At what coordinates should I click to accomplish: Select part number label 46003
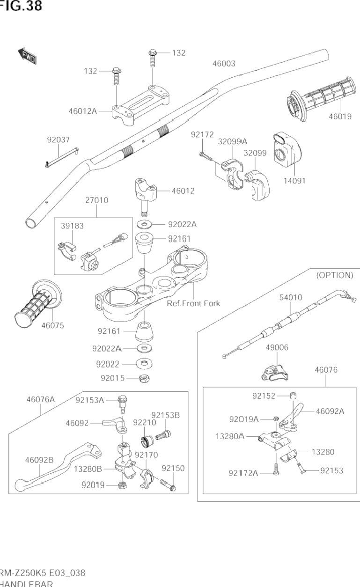click(x=223, y=64)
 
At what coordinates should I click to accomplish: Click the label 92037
click(x=58, y=139)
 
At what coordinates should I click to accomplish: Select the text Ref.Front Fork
click(x=193, y=303)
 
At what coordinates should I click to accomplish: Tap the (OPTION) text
click(x=334, y=275)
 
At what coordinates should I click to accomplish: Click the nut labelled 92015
click(x=143, y=378)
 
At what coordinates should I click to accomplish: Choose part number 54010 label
click(x=291, y=297)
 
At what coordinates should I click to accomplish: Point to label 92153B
click(x=165, y=415)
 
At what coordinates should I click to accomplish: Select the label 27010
click(x=96, y=200)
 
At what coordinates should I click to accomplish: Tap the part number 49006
click(x=277, y=347)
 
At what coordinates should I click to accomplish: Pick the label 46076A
click(x=40, y=399)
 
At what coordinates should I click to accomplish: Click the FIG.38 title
click(x=21, y=6)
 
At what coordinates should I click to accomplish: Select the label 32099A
click(x=233, y=141)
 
